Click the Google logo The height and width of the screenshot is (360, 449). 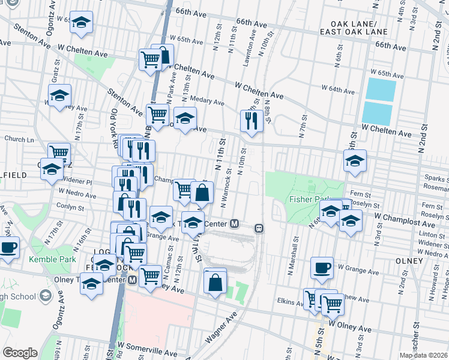coord(20,353)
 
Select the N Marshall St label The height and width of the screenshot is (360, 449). coord(295,241)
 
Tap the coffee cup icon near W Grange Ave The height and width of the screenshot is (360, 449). coord(322,268)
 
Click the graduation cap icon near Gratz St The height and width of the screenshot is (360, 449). coord(59,96)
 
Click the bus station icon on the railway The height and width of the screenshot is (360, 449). coord(259,228)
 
